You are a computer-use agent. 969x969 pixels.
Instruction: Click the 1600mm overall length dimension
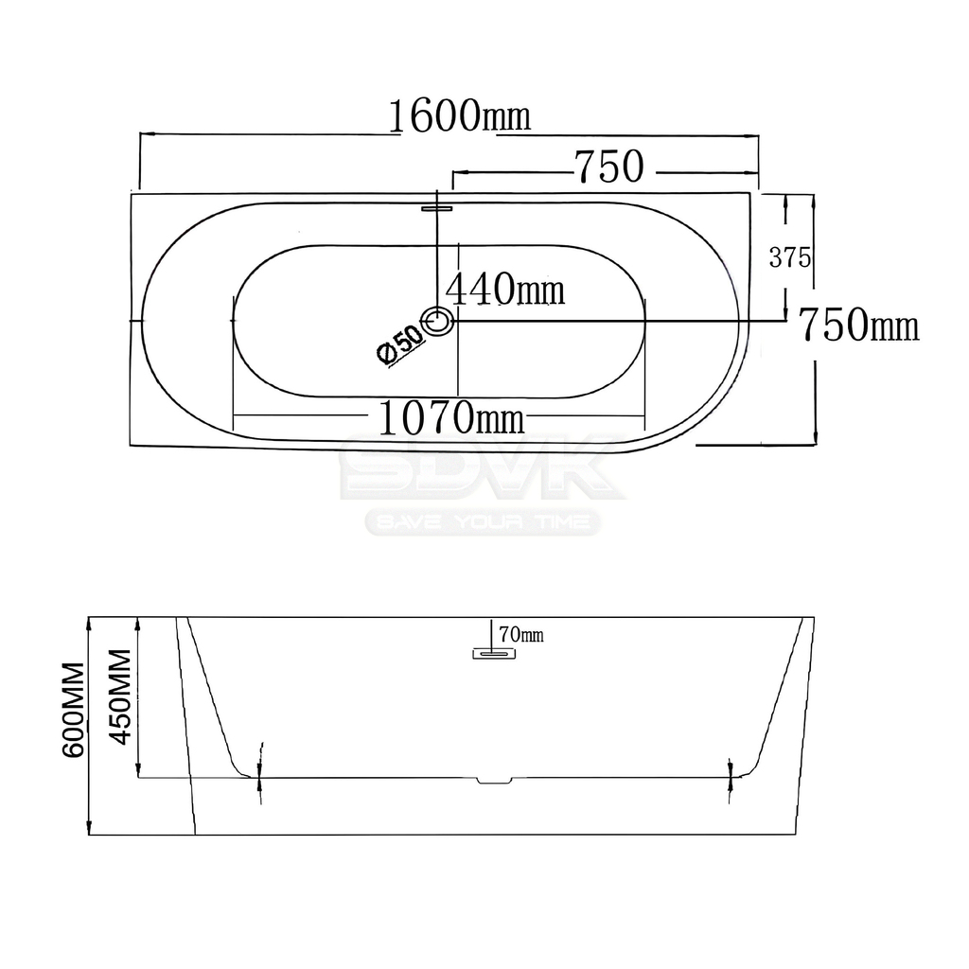(x=459, y=116)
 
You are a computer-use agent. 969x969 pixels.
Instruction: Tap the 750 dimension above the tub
(x=609, y=167)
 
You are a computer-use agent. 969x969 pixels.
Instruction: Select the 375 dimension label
(x=790, y=257)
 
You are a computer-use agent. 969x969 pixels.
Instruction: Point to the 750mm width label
(x=859, y=326)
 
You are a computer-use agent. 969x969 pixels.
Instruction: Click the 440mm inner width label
(x=505, y=290)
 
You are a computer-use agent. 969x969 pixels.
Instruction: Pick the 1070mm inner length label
(x=450, y=417)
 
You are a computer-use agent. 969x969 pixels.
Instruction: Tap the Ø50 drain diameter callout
(x=400, y=344)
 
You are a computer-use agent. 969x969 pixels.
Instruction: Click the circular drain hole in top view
(x=437, y=322)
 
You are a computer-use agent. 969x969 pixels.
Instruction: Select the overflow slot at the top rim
(x=437, y=208)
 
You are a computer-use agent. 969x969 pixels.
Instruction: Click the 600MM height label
(x=73, y=710)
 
